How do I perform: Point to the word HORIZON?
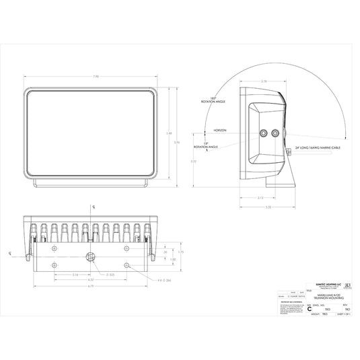(221, 129)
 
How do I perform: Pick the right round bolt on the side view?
(275, 133)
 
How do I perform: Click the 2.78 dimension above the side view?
(263, 81)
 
